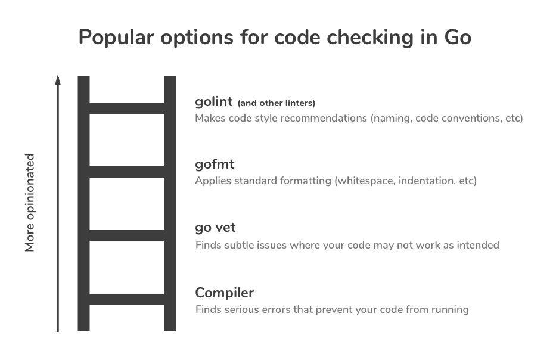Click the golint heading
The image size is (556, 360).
213,102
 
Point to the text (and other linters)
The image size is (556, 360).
277,103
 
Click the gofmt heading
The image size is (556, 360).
215,165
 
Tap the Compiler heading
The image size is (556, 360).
225,293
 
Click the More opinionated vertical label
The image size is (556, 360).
30,203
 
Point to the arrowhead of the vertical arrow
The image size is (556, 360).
58,80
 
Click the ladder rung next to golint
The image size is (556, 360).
127,108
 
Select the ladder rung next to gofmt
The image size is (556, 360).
127,172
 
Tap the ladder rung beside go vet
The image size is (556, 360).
127,235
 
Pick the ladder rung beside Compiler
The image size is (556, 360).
127,299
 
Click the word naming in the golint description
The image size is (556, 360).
391,118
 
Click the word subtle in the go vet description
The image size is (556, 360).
238,245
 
